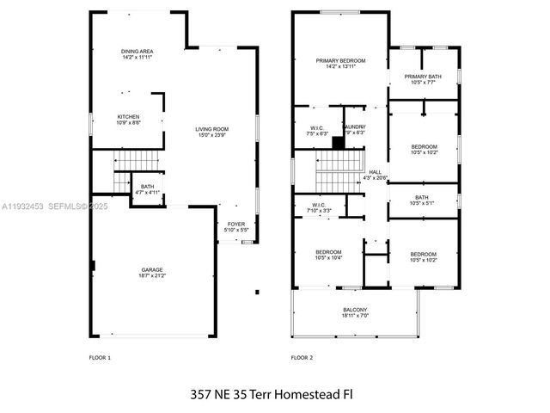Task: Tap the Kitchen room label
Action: tap(129, 120)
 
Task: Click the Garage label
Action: tap(152, 273)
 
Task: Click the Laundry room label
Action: tap(354, 130)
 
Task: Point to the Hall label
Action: tap(376, 175)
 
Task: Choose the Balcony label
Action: tap(354, 313)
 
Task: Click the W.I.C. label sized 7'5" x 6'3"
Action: tap(317, 131)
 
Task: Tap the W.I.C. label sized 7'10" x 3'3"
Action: tap(318, 206)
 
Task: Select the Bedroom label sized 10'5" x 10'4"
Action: tap(329, 256)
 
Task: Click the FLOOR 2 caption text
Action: tap(302, 356)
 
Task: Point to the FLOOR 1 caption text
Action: tap(101, 356)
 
